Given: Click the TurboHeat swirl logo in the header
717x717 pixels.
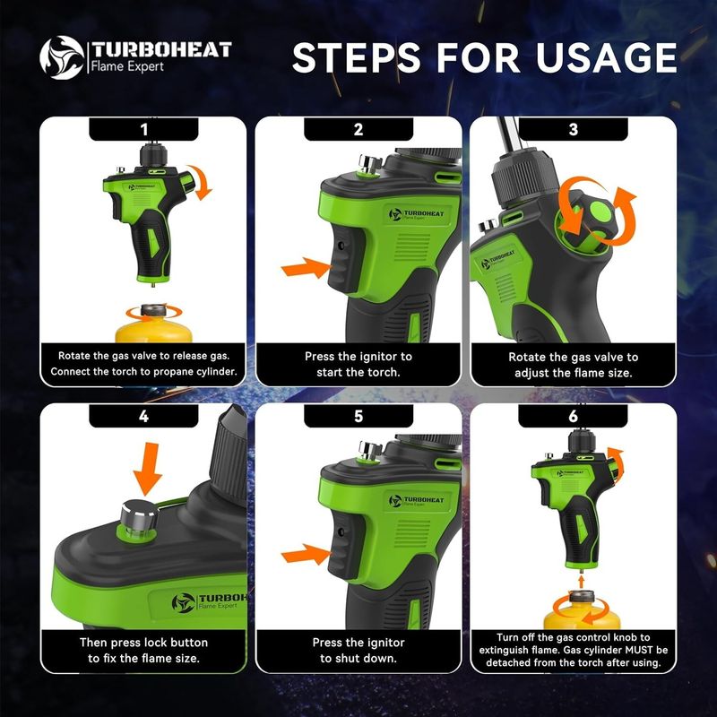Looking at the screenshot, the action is (x=62, y=57).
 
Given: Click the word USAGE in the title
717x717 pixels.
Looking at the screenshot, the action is (x=606, y=57).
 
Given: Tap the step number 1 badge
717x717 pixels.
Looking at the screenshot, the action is (x=143, y=129).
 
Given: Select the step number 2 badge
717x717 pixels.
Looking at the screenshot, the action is (x=358, y=129).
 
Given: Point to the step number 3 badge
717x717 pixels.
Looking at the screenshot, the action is (x=573, y=129).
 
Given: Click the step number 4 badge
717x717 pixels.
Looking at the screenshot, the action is (x=143, y=416).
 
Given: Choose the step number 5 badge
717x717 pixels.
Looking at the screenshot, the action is (x=358, y=416).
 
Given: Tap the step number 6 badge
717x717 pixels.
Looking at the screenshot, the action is (x=573, y=416).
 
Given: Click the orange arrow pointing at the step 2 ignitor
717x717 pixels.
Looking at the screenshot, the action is (x=306, y=267).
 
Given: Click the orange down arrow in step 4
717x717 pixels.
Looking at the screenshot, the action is (x=147, y=469).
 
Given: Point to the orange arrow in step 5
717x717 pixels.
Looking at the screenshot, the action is (x=306, y=554).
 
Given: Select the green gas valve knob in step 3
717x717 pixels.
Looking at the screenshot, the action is (x=590, y=220).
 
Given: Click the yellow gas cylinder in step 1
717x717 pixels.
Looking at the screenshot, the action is (x=154, y=324).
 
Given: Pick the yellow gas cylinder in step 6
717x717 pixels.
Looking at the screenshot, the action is (x=582, y=610).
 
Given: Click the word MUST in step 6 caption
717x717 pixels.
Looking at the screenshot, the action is (x=638, y=650).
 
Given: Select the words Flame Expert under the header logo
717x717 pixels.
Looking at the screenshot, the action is (x=127, y=66).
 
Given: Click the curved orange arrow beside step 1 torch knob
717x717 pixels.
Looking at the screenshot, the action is (x=200, y=182).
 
